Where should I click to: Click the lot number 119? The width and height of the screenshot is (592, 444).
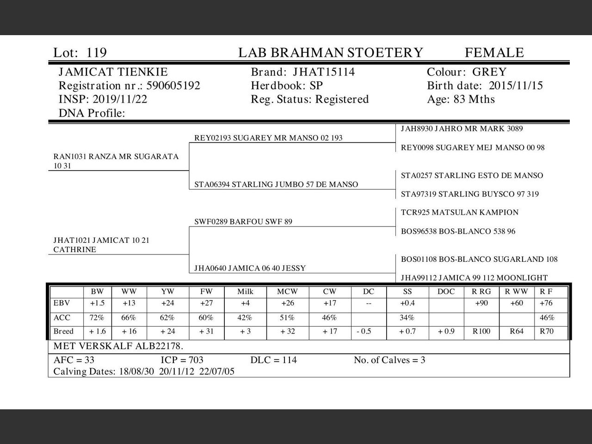pyautogui.click(x=97, y=53)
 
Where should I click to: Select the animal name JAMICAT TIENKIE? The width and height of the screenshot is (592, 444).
pyautogui.click(x=113, y=72)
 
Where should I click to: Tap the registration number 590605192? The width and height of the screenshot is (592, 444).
pyautogui.click(x=173, y=86)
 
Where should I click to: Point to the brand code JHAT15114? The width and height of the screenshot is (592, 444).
pyautogui.click(x=324, y=72)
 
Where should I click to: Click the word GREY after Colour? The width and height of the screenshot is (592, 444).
pyautogui.click(x=489, y=72)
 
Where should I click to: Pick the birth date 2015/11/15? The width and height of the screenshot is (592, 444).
pyautogui.click(x=516, y=86)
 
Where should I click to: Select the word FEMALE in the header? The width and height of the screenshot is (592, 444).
pyautogui.click(x=494, y=53)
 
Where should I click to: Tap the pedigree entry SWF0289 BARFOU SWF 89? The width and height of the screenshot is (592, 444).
pyautogui.click(x=243, y=222)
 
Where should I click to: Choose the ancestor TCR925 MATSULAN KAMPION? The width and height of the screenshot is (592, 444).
pyautogui.click(x=459, y=213)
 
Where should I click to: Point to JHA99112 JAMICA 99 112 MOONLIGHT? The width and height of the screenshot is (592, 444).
pyautogui.click(x=474, y=278)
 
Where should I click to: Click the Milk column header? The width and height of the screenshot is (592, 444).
pyautogui.click(x=245, y=292)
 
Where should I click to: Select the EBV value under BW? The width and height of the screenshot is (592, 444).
pyautogui.click(x=97, y=303)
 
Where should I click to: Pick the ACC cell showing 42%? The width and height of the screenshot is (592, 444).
pyautogui.click(x=245, y=318)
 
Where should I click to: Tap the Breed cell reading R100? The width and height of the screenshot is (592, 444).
pyautogui.click(x=481, y=332)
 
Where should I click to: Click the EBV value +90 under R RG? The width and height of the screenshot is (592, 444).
pyautogui.click(x=481, y=303)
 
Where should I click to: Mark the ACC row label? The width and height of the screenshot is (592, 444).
pyautogui.click(x=62, y=318)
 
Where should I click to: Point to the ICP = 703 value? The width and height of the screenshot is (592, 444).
pyautogui.click(x=182, y=360)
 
